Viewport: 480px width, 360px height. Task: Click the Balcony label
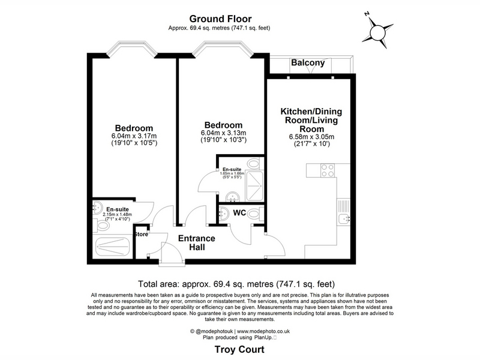tap(308, 63)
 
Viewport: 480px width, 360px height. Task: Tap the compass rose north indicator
tap(367, 14)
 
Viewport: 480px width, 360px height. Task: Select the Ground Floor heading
tap(220, 19)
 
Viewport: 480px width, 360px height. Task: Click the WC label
tap(239, 212)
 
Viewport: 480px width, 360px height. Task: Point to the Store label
tap(142, 235)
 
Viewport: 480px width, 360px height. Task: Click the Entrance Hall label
tap(197, 242)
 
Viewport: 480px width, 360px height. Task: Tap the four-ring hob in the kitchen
tap(327, 170)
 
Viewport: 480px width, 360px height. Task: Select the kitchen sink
tap(344, 219)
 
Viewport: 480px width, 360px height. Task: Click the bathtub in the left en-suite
tap(113, 247)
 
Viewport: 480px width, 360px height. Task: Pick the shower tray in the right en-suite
tap(254, 186)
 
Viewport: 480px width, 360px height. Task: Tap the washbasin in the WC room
tap(224, 213)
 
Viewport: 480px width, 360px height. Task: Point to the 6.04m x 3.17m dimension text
tap(134, 136)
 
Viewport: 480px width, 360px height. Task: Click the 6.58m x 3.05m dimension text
tap(311, 137)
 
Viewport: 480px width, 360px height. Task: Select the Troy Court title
tap(239, 349)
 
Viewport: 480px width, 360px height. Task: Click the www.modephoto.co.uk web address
tap(263, 331)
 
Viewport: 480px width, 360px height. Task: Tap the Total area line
tap(236, 284)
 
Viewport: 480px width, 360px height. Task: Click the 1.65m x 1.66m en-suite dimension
tap(232, 173)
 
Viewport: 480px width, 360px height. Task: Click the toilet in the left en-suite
tap(101, 226)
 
